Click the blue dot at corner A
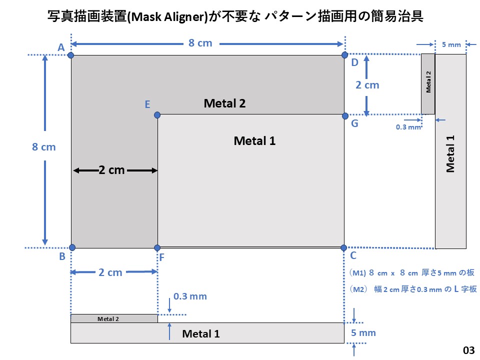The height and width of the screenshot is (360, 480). click(x=71, y=54)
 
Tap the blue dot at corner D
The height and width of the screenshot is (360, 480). click(x=344, y=54)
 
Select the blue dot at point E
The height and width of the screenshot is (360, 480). click(x=157, y=115)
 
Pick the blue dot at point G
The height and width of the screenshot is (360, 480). click(x=344, y=115)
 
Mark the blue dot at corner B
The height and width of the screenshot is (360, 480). click(x=72, y=247)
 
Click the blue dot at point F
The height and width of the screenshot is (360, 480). click(x=157, y=247)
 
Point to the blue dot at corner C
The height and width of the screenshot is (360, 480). click(x=343, y=247)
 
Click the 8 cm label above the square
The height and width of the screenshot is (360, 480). click(x=200, y=43)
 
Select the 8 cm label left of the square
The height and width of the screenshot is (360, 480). click(x=44, y=147)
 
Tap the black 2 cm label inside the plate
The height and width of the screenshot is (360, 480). click(x=112, y=170)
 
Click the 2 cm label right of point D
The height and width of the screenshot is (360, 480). click(x=367, y=85)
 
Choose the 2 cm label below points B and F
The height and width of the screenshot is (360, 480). click(x=110, y=272)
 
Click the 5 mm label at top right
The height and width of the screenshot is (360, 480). click(x=451, y=44)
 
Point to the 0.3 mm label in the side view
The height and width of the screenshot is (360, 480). click(x=408, y=127)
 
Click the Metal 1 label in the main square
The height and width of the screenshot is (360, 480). click(x=254, y=141)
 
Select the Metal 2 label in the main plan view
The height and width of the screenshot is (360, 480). click(x=224, y=103)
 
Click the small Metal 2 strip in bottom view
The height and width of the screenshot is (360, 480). click(x=114, y=318)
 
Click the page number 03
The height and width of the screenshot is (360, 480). click(x=468, y=349)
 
